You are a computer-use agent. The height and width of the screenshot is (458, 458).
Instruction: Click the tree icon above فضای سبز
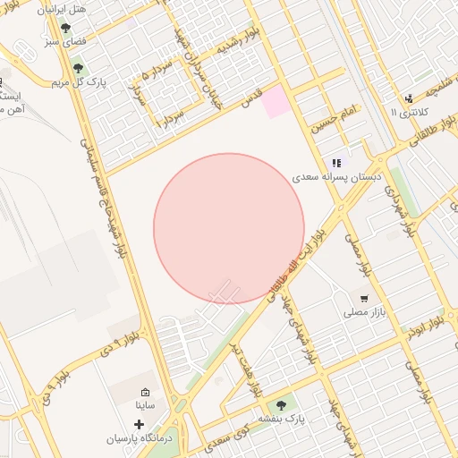(x=65, y=28)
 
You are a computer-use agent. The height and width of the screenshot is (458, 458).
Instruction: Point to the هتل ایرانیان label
(x=74, y=8)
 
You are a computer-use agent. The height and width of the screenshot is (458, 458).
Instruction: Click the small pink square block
(x=276, y=101)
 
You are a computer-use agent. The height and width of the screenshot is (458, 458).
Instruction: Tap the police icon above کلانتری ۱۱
(x=409, y=98)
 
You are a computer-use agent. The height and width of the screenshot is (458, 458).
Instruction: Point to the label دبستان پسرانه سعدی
(x=336, y=178)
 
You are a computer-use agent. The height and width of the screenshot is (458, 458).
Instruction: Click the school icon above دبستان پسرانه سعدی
(x=336, y=163)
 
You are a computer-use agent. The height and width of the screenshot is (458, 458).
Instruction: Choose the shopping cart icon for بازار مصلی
(x=364, y=299)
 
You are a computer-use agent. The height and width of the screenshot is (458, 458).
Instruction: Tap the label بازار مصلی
(x=364, y=314)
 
